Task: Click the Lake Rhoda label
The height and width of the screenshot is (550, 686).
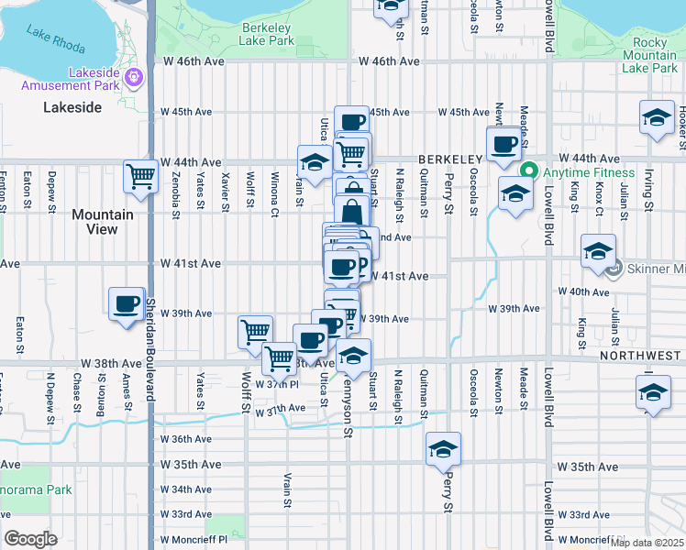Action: [x=56, y=41]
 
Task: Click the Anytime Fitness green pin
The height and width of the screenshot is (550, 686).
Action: [x=528, y=171]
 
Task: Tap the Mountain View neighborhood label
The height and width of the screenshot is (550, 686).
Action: [x=103, y=221]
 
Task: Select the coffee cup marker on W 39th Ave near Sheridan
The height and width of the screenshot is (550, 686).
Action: [x=127, y=302]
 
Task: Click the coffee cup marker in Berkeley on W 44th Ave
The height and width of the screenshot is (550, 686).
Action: [x=503, y=144]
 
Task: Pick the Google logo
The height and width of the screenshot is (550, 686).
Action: [x=31, y=539]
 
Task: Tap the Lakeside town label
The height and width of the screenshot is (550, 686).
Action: [x=72, y=107]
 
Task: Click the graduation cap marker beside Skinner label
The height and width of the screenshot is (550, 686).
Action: [x=598, y=249]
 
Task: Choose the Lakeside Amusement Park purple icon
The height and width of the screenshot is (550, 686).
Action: [x=135, y=76]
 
